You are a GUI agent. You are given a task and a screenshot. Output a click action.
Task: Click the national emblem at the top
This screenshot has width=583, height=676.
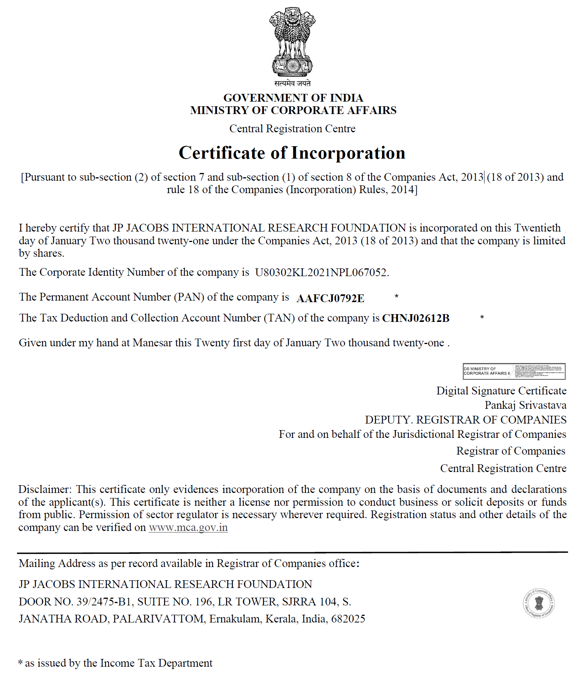click(292, 42)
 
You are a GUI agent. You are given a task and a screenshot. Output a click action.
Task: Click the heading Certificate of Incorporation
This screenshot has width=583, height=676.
click(292, 153)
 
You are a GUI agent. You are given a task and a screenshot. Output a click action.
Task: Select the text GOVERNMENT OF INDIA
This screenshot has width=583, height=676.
click(293, 98)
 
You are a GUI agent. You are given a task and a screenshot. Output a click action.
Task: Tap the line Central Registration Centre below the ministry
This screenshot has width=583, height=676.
click(292, 129)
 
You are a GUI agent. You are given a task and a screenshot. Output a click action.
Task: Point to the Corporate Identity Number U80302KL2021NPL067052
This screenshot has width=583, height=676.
click(321, 272)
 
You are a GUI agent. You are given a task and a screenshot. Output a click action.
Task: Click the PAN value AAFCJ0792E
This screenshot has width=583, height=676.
click(330, 298)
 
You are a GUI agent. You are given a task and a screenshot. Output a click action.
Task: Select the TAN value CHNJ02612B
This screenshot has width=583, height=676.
click(416, 318)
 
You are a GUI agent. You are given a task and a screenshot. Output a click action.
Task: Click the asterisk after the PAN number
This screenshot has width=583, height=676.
click(396, 297)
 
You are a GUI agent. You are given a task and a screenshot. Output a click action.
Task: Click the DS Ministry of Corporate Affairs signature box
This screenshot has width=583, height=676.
click(514, 371)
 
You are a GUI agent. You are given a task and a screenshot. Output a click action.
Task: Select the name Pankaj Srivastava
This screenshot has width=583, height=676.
click(525, 405)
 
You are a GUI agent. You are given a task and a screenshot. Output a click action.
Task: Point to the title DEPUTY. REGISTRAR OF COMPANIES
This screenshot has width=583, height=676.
click(465, 420)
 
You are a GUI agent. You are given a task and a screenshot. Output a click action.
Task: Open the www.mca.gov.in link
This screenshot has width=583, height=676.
click(188, 528)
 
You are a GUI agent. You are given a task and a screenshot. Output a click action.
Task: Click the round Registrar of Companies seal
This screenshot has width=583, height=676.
click(538, 603)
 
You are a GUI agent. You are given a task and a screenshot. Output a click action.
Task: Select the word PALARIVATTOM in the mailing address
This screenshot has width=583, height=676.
click(158, 619)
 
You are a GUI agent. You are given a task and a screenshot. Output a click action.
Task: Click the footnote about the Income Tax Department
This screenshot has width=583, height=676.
click(116, 663)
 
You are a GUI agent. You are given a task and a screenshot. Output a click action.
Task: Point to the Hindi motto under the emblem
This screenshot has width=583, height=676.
click(292, 83)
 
